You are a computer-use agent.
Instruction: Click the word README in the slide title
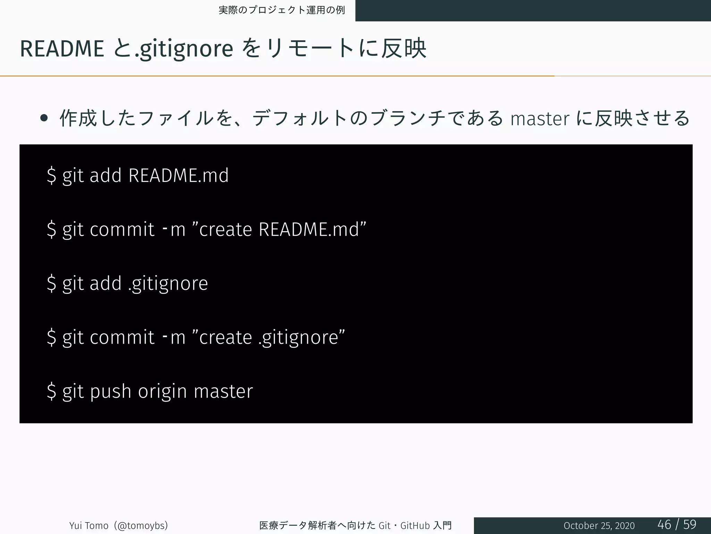(62, 49)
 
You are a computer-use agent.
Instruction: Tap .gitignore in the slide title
(184, 49)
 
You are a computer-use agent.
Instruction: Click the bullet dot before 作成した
(44, 118)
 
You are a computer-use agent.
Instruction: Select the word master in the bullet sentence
(540, 119)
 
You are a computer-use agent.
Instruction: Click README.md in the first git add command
(178, 175)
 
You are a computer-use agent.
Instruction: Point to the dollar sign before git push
(51, 391)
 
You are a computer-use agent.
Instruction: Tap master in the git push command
(223, 391)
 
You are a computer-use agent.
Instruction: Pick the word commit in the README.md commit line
(122, 229)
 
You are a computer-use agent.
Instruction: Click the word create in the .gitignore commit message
(225, 337)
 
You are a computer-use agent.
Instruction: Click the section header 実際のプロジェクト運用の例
(282, 10)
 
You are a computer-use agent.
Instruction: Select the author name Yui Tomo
(89, 525)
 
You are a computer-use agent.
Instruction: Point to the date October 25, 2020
(599, 526)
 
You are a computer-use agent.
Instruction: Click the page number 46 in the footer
(664, 524)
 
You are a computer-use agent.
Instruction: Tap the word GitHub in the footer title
(415, 525)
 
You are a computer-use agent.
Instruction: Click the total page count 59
(690, 524)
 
